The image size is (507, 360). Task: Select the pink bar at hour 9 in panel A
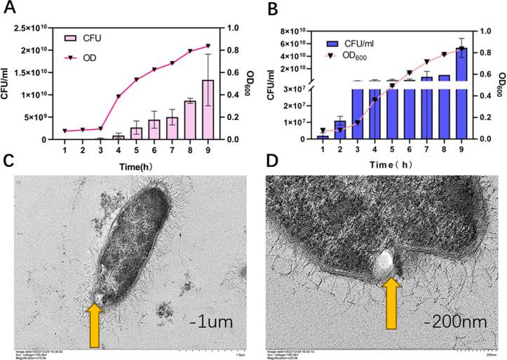click(208, 109)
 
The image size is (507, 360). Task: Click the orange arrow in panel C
click(94, 324)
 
